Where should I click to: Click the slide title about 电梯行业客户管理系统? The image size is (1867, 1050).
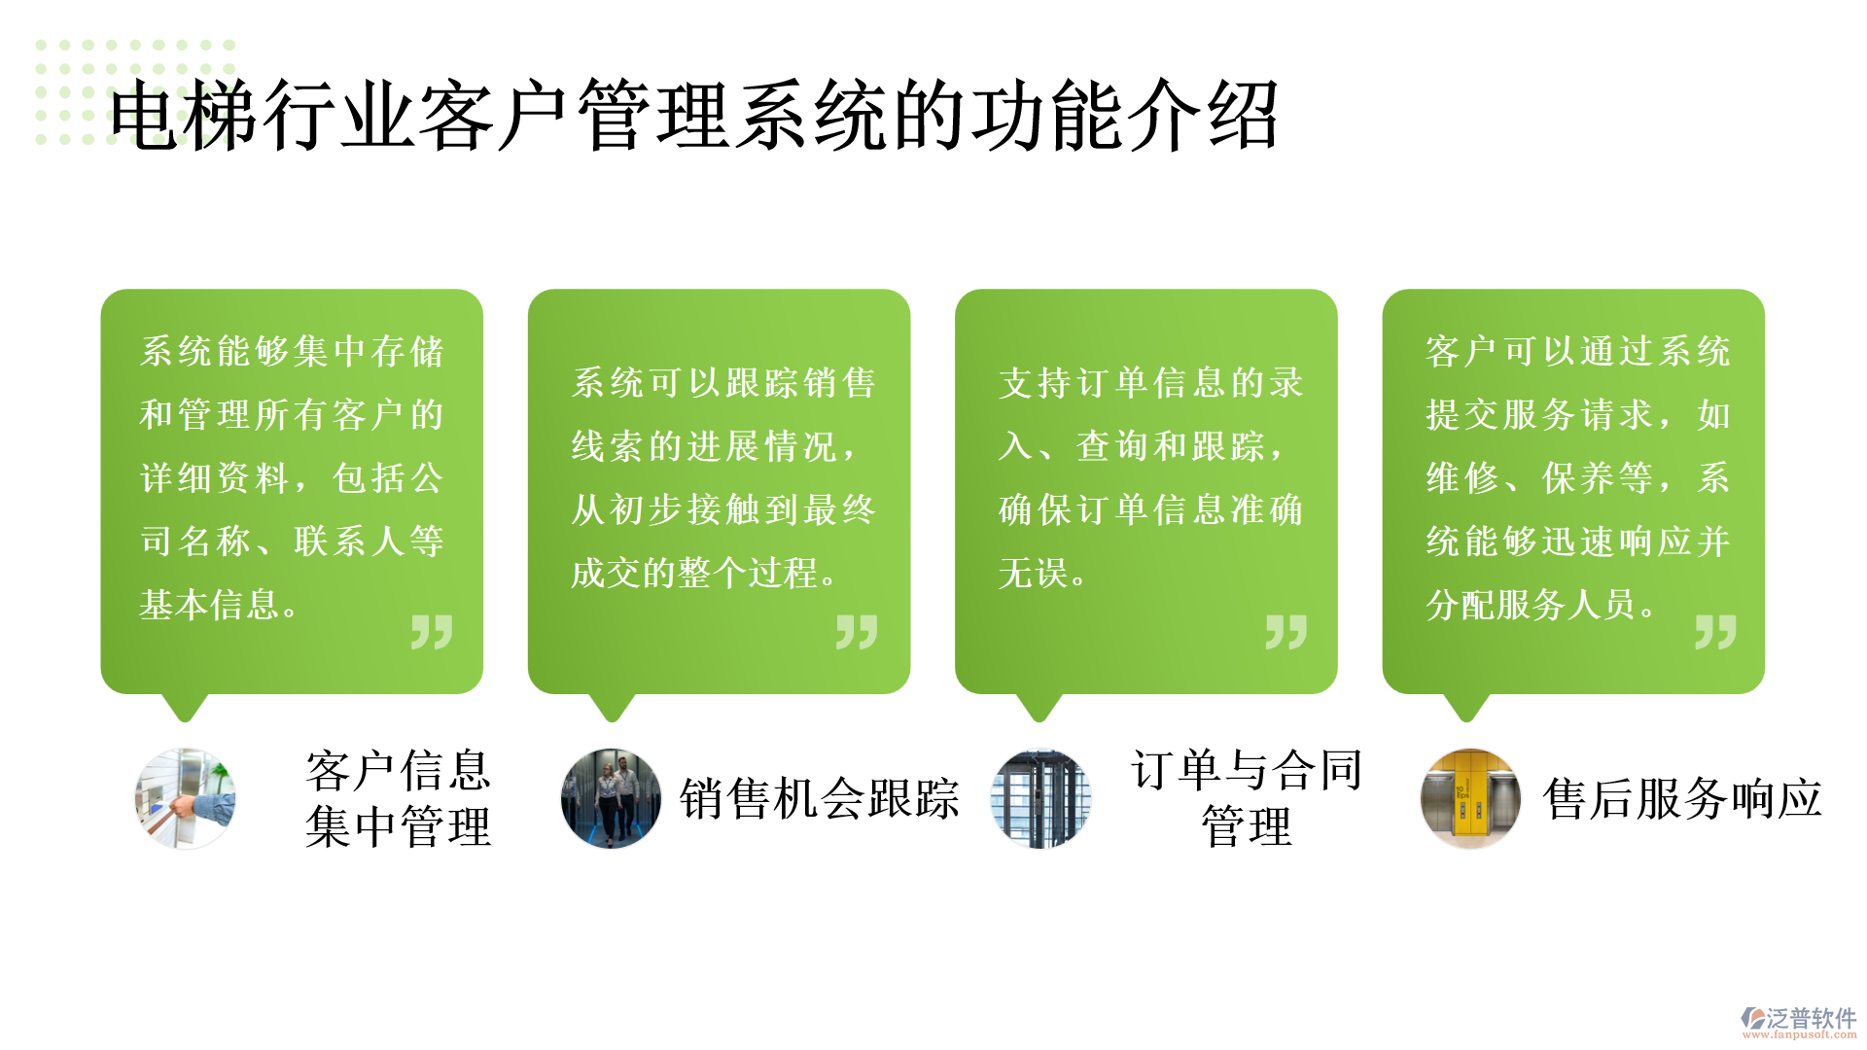(x=693, y=116)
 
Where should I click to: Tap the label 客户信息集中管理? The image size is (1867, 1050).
(x=399, y=798)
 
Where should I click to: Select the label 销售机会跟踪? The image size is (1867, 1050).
(x=820, y=799)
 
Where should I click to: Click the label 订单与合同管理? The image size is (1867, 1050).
(x=1247, y=798)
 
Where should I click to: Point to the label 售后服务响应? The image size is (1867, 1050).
(x=1682, y=799)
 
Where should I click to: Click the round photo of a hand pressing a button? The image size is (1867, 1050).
(x=185, y=798)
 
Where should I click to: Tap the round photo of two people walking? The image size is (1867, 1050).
(x=612, y=798)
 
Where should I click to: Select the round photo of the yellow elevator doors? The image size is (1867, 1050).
(x=1470, y=798)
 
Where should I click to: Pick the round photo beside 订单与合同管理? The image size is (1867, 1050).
(x=1040, y=798)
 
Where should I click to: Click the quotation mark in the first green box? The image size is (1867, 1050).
(x=432, y=632)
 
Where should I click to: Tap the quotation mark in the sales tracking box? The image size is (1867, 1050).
(x=857, y=632)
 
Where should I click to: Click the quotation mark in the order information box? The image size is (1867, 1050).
(x=1286, y=632)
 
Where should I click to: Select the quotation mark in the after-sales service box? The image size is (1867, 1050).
(x=1715, y=632)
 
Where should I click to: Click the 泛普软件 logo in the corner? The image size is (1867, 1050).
(x=1799, y=1022)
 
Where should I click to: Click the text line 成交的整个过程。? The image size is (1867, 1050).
(x=705, y=573)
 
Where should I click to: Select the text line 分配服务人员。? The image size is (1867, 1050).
(x=1542, y=605)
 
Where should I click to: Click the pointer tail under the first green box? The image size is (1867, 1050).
(x=185, y=708)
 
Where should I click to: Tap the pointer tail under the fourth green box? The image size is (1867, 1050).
(x=1466, y=708)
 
